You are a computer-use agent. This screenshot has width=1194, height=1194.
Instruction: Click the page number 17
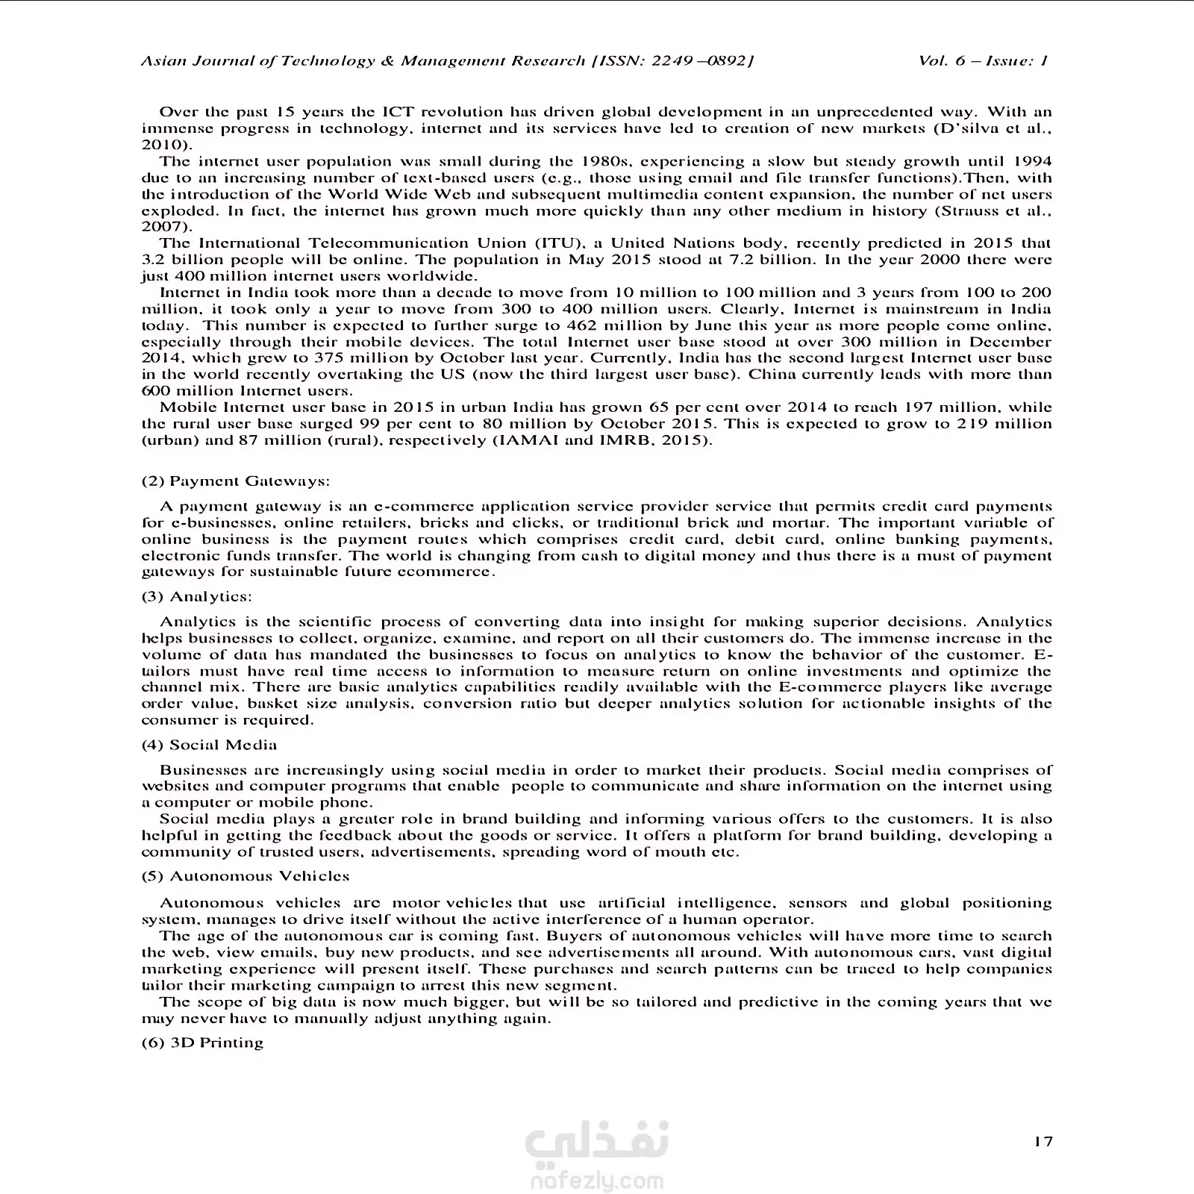[1043, 1141]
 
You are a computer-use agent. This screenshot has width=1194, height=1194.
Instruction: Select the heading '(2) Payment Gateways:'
[235, 481]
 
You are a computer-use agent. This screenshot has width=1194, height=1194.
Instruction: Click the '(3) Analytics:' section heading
[197, 597]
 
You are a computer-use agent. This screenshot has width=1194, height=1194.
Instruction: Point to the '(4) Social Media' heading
[209, 745]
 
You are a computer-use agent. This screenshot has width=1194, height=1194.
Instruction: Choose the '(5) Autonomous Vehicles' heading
[246, 876]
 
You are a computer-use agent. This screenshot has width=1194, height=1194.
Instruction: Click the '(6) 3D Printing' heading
[202, 1043]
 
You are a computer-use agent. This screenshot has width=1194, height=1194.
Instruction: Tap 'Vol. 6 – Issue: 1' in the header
[983, 61]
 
